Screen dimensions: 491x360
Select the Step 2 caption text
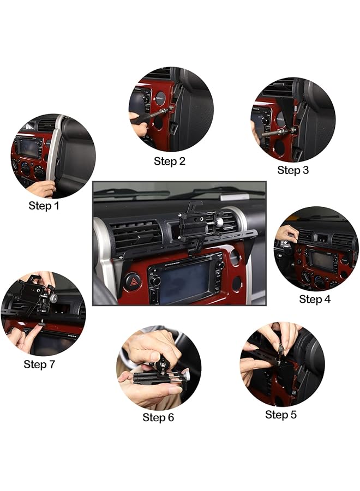[x=170, y=161]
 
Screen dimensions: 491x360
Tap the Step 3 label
[x=293, y=170]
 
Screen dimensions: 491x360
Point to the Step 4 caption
[x=315, y=299]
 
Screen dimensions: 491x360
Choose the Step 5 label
[x=281, y=415]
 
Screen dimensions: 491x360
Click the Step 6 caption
[x=158, y=417]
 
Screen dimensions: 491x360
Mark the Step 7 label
[x=39, y=364]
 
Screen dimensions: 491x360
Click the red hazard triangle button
[x=132, y=282]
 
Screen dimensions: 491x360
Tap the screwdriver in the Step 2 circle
[x=150, y=115]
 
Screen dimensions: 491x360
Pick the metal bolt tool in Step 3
[x=278, y=131]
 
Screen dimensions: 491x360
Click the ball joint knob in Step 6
[x=164, y=364]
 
